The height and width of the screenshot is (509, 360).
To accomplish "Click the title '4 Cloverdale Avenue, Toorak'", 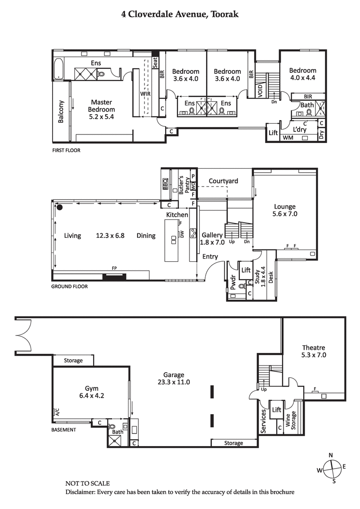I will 180,14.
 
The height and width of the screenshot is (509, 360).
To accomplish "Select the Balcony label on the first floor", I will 61,112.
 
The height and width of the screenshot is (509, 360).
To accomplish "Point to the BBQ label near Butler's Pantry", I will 165,184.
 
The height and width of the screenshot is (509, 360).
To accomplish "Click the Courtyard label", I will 223,181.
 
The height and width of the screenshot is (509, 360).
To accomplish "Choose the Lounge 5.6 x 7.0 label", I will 285,210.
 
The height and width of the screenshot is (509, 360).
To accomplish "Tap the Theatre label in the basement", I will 314,351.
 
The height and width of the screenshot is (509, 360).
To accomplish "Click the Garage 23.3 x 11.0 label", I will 174,379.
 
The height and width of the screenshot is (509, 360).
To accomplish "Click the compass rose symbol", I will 332,468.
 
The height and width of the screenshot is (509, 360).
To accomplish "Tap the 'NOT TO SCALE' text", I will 88,483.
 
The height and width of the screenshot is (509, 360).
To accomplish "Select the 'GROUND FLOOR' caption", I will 69,286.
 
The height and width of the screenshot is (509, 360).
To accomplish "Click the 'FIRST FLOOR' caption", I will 66,151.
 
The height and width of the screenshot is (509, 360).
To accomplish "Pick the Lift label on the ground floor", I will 246,270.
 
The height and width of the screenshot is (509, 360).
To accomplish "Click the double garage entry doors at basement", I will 22,335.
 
